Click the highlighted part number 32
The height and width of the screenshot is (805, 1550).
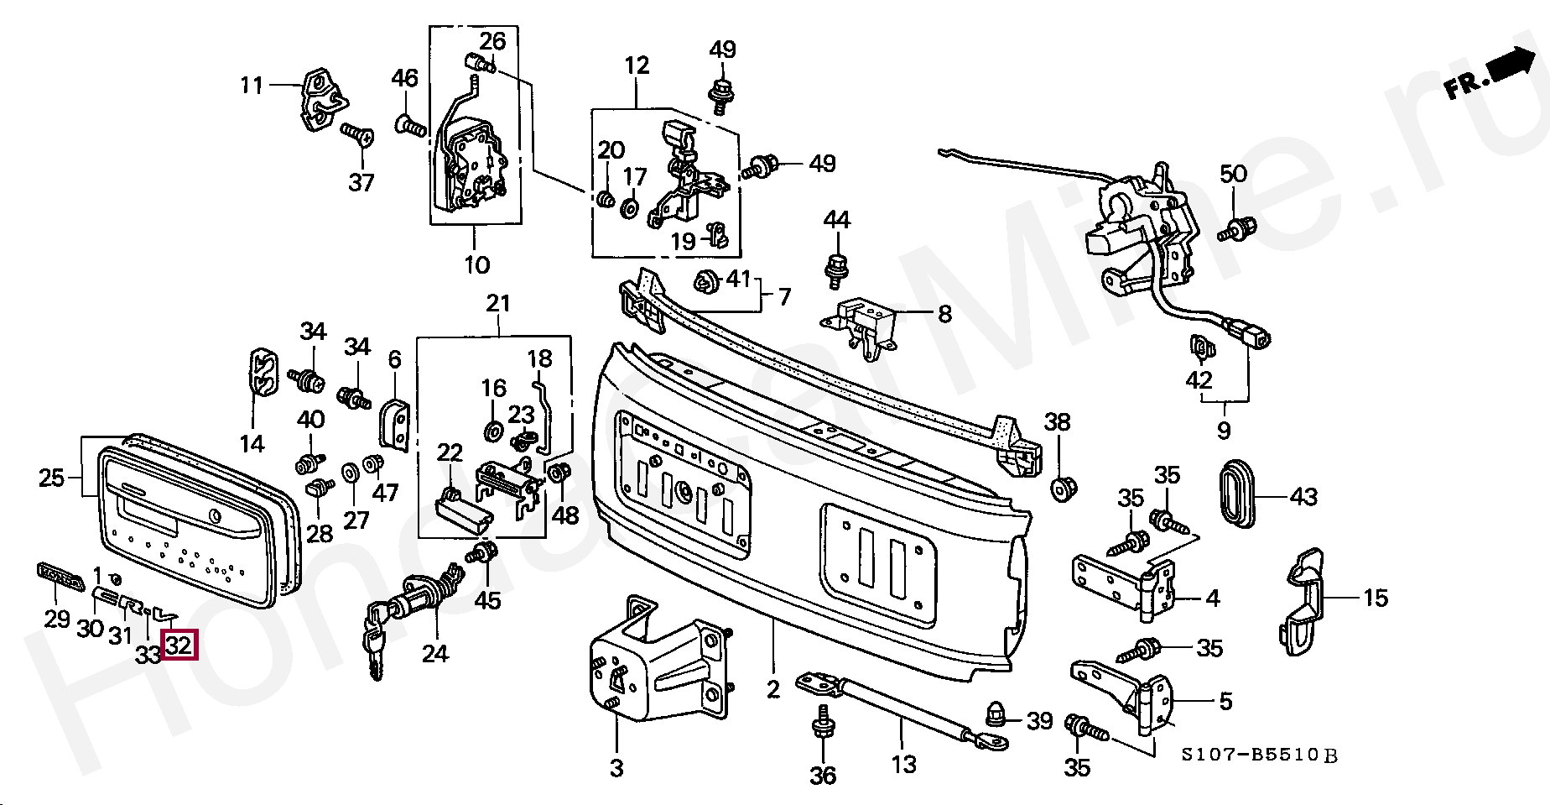pos(179,645)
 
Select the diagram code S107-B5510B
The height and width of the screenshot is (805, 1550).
pos(1260,755)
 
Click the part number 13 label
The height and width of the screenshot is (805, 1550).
pos(903,764)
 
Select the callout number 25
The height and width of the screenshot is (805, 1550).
pos(51,478)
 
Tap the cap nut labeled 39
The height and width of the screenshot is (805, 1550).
pos(996,714)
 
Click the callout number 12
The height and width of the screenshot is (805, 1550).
pos(637,65)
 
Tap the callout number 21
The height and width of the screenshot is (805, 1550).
pos(498,303)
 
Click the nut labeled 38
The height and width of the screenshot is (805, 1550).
pos(1063,487)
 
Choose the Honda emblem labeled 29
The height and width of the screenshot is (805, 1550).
pos(61,577)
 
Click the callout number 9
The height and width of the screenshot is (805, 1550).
pos(1224,431)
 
